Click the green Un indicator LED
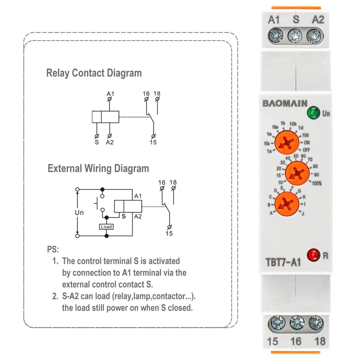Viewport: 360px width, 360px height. (311, 112)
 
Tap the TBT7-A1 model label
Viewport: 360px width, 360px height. (282, 261)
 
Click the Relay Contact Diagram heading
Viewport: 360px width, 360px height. (94, 73)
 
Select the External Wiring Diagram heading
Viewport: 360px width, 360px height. (98, 169)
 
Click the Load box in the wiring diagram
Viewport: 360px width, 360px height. (106, 227)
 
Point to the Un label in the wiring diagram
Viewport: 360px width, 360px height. (79, 212)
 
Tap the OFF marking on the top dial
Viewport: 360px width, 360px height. (307, 149)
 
